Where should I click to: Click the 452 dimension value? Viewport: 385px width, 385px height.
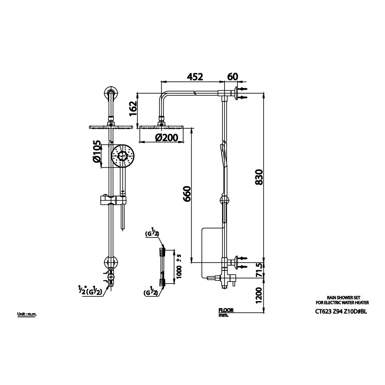(x=195, y=77)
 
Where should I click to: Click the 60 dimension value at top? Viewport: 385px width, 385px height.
(x=233, y=77)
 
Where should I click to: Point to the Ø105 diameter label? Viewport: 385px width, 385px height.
(x=97, y=152)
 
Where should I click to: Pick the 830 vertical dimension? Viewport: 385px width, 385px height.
(x=259, y=177)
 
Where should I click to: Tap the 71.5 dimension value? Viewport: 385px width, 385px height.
(x=259, y=271)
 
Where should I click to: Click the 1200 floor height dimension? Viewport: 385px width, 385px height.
(x=259, y=295)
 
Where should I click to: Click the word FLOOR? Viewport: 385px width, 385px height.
(x=225, y=311)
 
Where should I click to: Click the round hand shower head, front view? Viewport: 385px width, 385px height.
(x=123, y=156)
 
